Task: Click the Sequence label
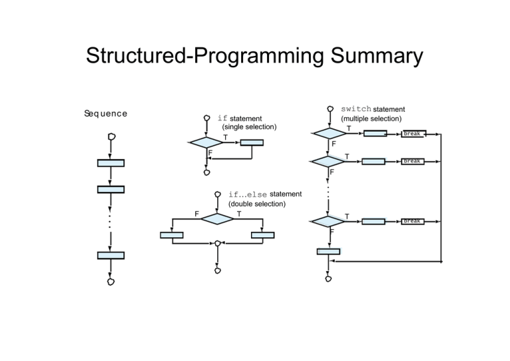click(106, 113)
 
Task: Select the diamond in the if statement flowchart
click(206, 142)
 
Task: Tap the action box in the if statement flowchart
click(252, 142)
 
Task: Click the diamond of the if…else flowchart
click(217, 219)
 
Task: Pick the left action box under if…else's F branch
click(171, 234)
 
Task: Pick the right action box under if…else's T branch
click(263, 234)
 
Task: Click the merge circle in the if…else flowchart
click(217, 244)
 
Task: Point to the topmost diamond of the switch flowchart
click(329, 133)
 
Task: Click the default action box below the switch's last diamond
click(328, 251)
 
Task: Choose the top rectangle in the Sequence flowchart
click(111, 163)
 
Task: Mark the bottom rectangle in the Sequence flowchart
click(111, 255)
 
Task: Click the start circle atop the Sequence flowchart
click(111, 138)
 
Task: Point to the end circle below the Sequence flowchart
click(111, 282)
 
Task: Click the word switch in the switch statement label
click(355, 108)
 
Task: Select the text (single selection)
click(249, 126)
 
